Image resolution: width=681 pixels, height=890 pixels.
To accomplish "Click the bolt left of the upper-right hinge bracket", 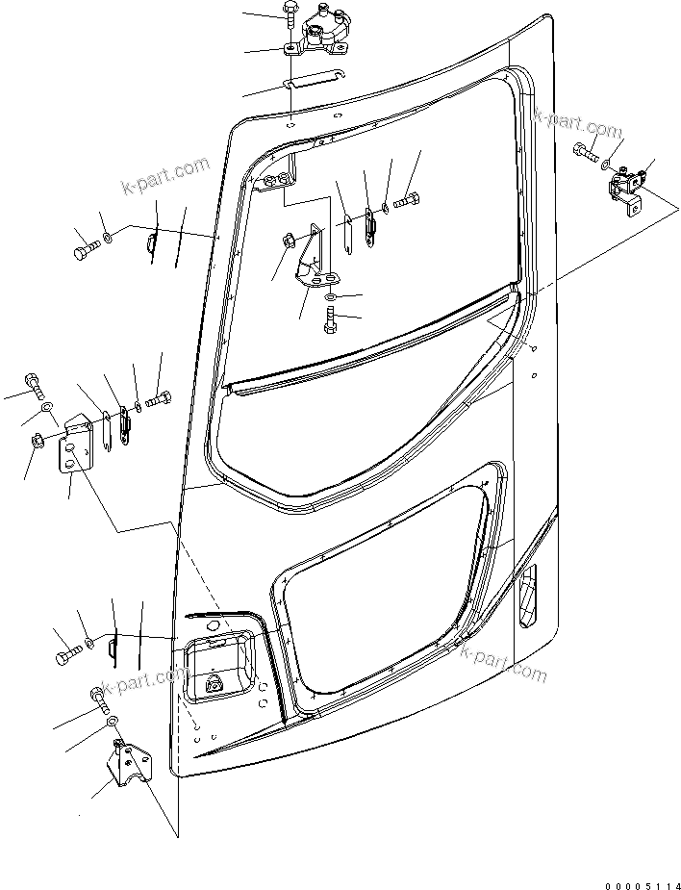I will [x=585, y=150].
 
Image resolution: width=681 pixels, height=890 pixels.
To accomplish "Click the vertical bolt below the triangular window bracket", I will [x=331, y=318].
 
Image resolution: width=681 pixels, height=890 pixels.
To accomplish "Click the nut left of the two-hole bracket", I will [x=36, y=443].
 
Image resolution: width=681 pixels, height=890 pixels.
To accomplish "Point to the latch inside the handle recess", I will [x=213, y=685].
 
